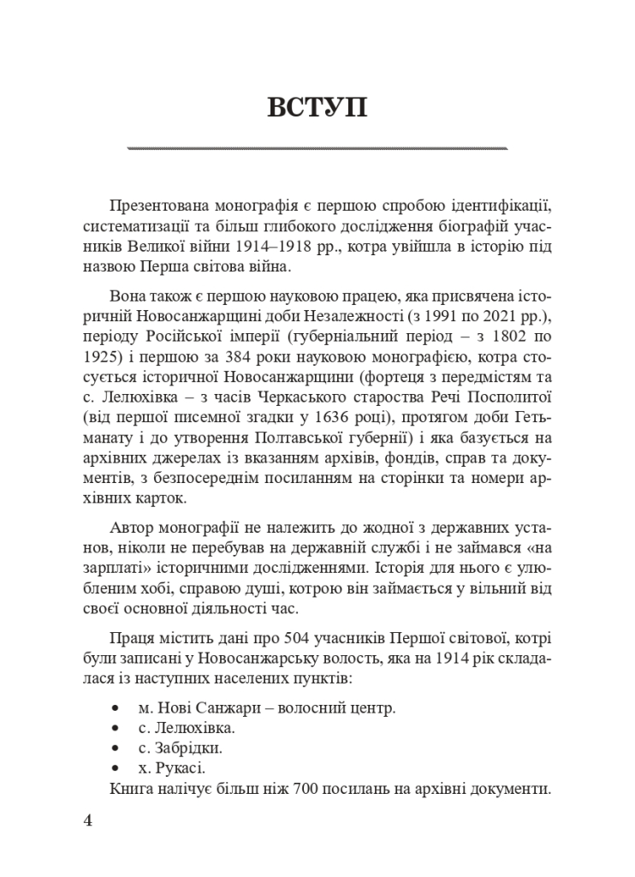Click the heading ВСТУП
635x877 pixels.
point(317,109)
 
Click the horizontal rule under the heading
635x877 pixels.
point(317,148)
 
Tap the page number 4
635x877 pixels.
point(88,820)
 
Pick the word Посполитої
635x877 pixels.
point(508,398)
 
